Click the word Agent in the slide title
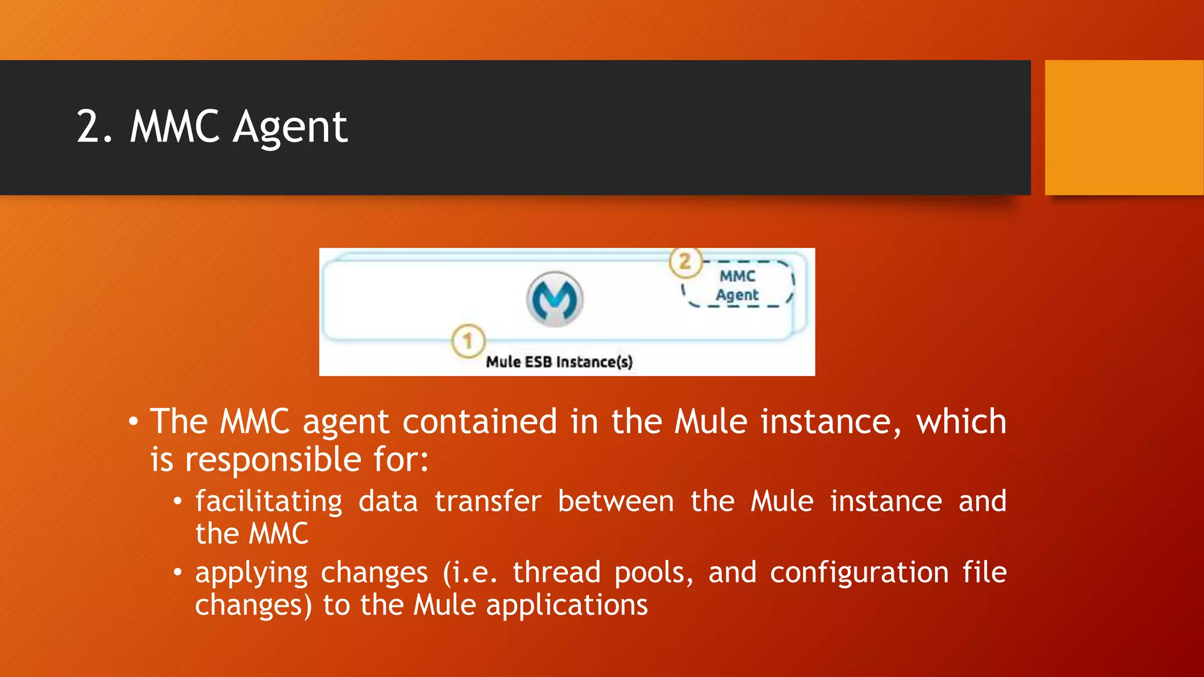pyautogui.click(x=290, y=128)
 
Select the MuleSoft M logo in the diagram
pyautogui.click(x=554, y=299)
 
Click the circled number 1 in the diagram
pyautogui.click(x=468, y=341)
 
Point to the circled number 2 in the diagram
pyautogui.click(x=685, y=262)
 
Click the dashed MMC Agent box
pyautogui.click(x=738, y=285)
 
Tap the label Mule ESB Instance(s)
pyautogui.click(x=559, y=361)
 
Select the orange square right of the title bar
pyautogui.click(x=1124, y=128)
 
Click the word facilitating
pyautogui.click(x=269, y=502)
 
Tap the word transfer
pyautogui.click(x=487, y=501)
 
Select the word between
pyautogui.click(x=616, y=501)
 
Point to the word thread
pyautogui.click(x=556, y=572)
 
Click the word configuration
pyautogui.click(x=859, y=572)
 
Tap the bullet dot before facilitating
pyautogui.click(x=178, y=501)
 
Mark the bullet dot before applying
pyautogui.click(x=178, y=572)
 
